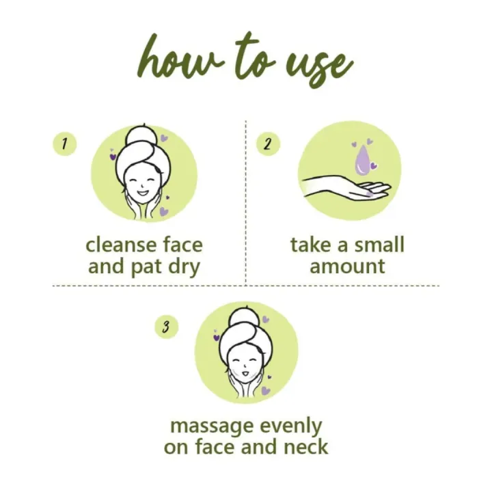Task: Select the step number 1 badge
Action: [x=64, y=144]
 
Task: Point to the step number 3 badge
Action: [x=165, y=327]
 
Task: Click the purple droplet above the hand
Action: [x=362, y=159]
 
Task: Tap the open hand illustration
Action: [x=345, y=186]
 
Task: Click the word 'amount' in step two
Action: [x=348, y=266]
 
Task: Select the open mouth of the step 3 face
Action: [x=245, y=376]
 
